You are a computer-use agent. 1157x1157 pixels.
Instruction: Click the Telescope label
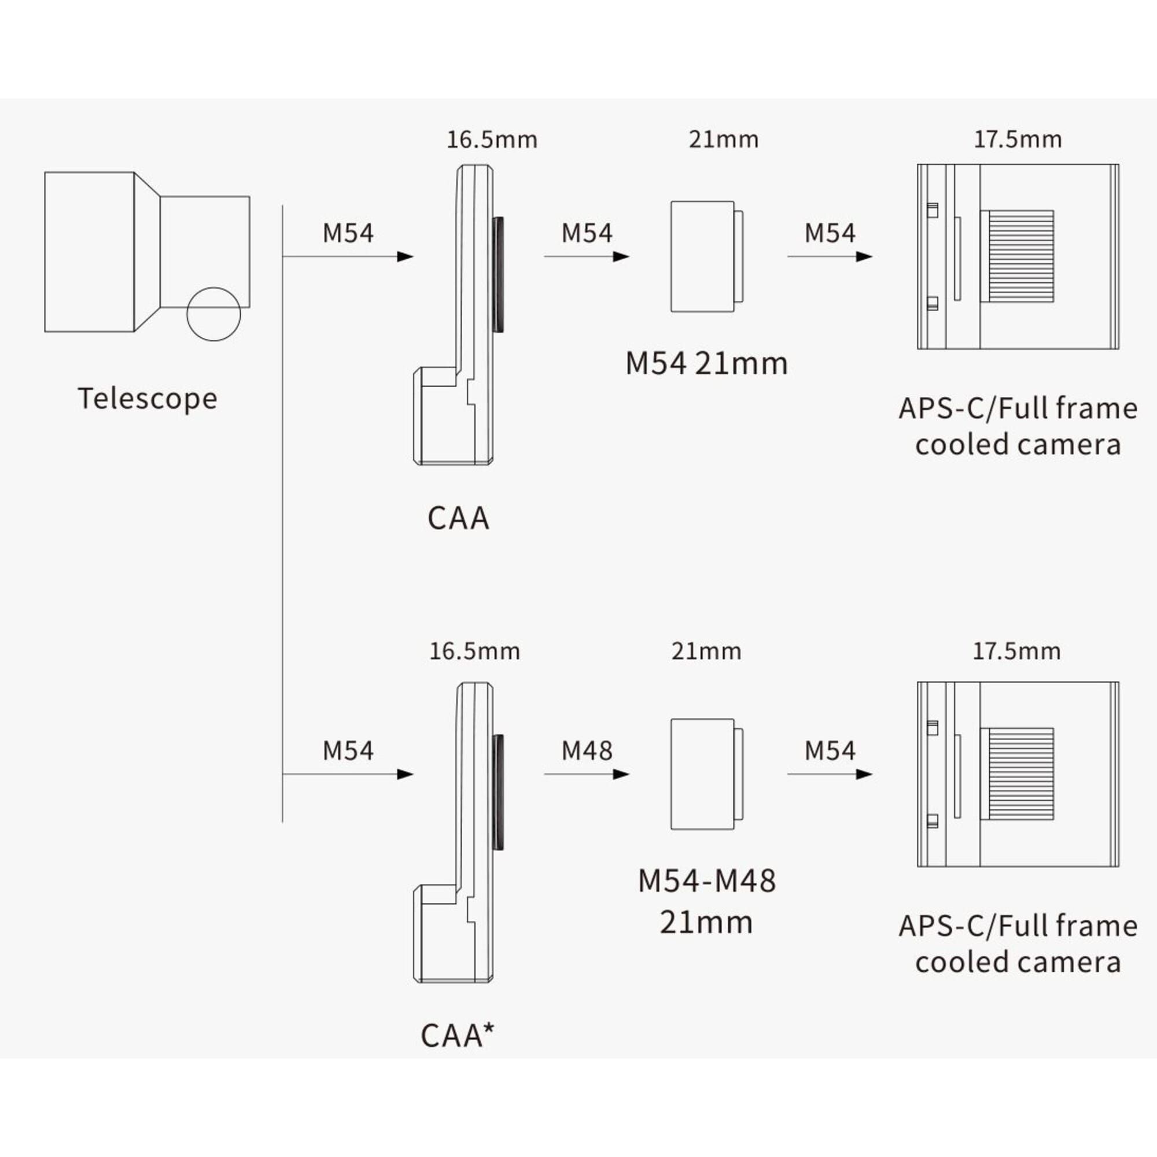148,399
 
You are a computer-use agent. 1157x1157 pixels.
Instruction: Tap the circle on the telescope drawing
213,314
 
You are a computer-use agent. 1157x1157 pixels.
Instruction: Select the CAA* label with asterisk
458,1036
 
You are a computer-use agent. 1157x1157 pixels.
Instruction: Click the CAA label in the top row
458,518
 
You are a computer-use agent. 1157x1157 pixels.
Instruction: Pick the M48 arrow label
586,751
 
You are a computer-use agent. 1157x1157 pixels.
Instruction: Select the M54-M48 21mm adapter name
707,902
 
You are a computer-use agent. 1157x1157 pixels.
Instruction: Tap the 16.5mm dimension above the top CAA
492,140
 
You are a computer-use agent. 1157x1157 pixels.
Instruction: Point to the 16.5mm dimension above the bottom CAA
474,651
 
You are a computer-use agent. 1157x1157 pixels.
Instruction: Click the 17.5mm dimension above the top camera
1018,139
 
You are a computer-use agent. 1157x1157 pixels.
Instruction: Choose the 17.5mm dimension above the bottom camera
1016,651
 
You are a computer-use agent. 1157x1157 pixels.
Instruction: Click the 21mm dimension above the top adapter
724,139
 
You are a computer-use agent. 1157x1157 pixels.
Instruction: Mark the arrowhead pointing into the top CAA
406,257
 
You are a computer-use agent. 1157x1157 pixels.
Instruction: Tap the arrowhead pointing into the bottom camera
864,775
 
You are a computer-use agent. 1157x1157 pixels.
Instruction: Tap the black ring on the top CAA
498,274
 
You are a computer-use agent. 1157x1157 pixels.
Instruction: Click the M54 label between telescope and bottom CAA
347,751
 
